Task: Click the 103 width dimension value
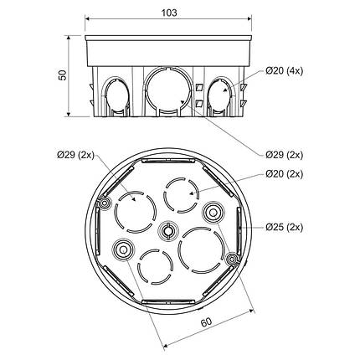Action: [169, 13]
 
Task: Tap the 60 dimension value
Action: [206, 321]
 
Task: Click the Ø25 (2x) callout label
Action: [286, 227]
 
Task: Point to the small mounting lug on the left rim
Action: [104, 203]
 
